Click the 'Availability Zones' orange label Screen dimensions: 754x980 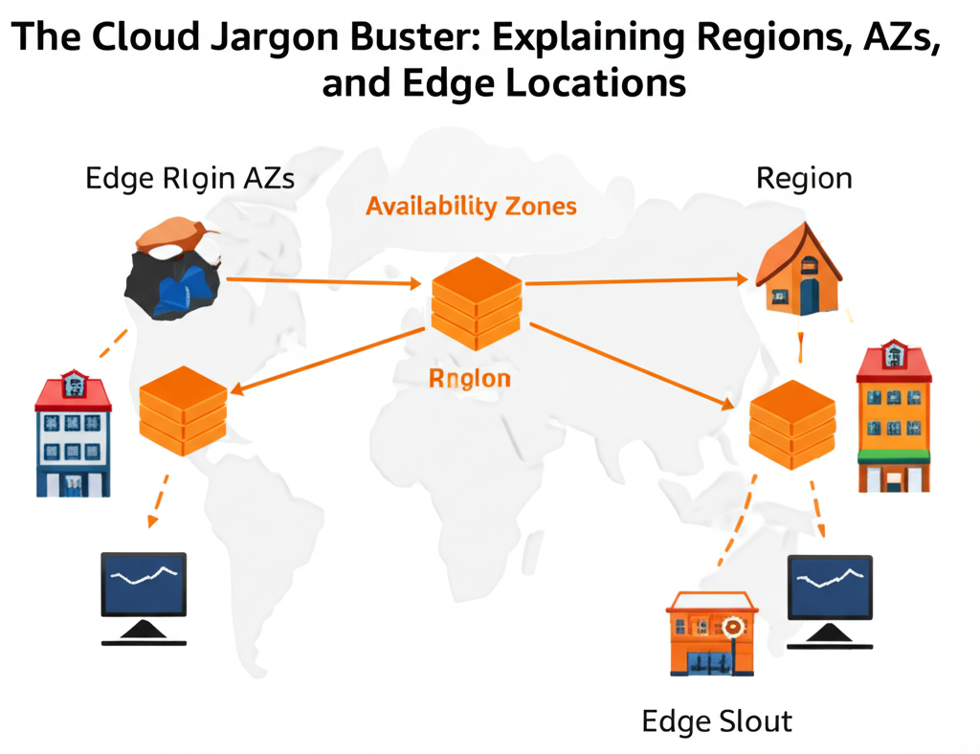tap(471, 206)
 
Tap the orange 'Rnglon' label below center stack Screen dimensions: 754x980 tap(469, 378)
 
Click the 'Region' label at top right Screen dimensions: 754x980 tap(803, 178)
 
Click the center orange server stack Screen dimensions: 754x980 tap(476, 302)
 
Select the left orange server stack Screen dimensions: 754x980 tap(183, 410)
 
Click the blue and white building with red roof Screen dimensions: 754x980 tap(73, 435)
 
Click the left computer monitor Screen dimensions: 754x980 tap(145, 596)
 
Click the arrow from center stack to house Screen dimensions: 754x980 tap(636, 281)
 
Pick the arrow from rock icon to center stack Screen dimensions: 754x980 tap(321, 282)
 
